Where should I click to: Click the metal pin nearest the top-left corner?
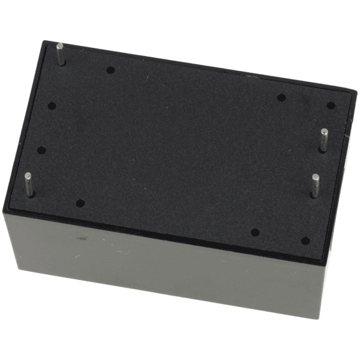pos(61,53)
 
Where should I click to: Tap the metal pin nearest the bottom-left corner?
pos(28,184)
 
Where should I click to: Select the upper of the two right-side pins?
pos(323,139)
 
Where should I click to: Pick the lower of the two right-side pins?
pos(314,185)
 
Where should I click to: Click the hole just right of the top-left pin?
pos(110,70)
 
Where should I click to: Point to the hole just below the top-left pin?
pos(52,106)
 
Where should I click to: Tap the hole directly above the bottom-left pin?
pos(41,150)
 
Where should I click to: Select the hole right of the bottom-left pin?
pos(80,203)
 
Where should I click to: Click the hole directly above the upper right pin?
pos(331,106)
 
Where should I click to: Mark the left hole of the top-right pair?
pos(281,97)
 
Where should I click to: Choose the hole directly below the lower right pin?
pos(305,241)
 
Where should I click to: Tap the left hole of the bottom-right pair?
pos(255,232)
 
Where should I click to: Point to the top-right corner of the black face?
pos(355,91)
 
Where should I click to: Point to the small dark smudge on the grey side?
pos(82,239)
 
